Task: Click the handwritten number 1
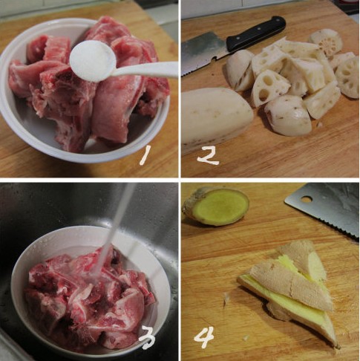145,155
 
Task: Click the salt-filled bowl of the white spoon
92,61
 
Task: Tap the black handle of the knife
256,33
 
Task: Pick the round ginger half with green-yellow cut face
216,206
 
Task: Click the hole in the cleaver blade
307,199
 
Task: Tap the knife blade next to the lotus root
203,53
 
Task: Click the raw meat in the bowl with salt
87,82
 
